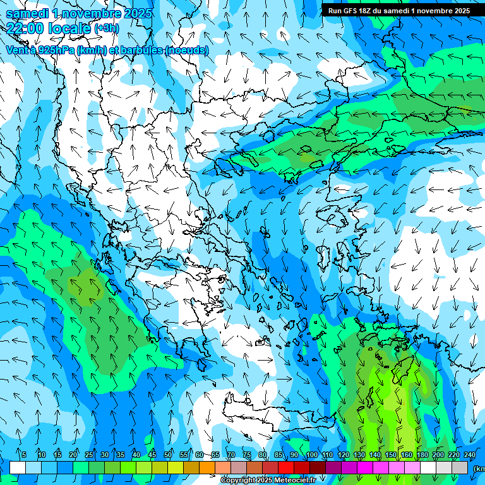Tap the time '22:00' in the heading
25,28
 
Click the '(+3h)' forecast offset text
105,28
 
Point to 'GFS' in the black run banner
350,11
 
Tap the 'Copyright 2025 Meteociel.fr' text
268,481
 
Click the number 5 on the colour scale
24,455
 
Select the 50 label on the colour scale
168,455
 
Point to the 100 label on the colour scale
311,455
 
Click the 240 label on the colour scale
470,455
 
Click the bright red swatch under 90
286,467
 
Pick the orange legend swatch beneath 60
207,467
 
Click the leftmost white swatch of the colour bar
18,467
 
